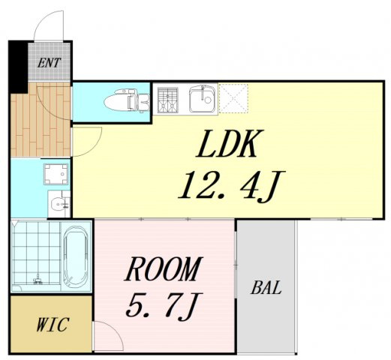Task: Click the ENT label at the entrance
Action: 49,63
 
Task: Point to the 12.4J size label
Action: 232,186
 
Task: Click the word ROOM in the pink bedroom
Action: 164,268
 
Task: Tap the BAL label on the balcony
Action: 266,287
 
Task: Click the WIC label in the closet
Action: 52,325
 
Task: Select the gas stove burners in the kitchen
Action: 168,100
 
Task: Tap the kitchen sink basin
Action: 203,99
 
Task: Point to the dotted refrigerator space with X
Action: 233,97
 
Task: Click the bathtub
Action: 76,256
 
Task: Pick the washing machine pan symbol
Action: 56,174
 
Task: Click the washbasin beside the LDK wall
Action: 59,204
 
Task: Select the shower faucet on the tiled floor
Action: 38,280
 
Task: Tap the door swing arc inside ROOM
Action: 114,328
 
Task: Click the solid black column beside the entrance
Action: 17,67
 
